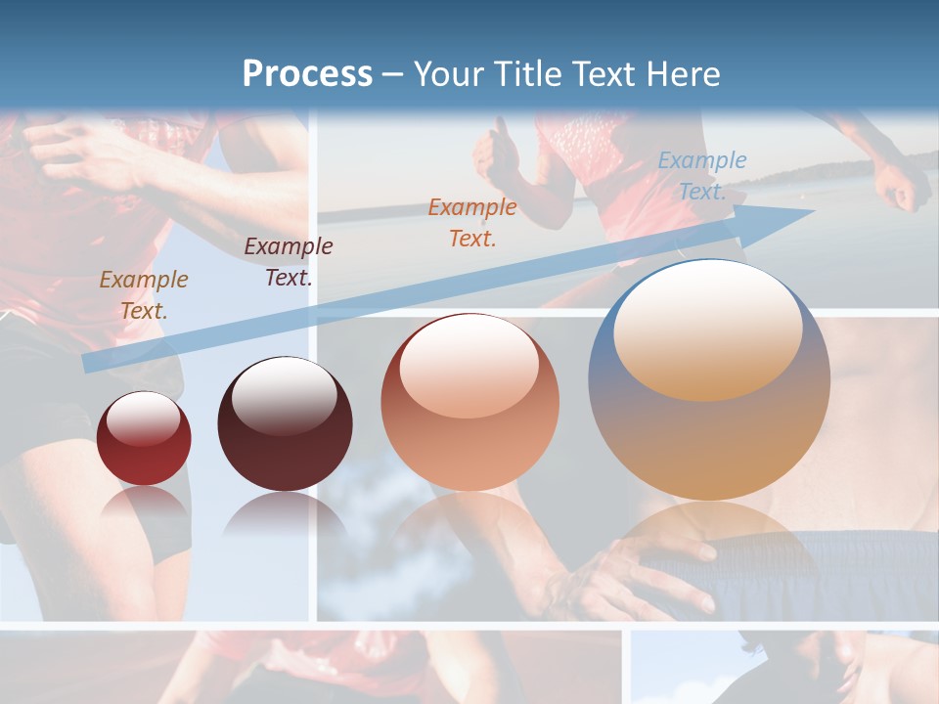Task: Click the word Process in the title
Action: (x=307, y=74)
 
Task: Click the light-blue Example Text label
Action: (x=701, y=176)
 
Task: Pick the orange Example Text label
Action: (x=472, y=222)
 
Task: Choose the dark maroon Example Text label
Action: (x=288, y=262)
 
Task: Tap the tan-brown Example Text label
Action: (x=144, y=294)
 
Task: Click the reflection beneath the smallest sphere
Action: (x=144, y=508)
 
